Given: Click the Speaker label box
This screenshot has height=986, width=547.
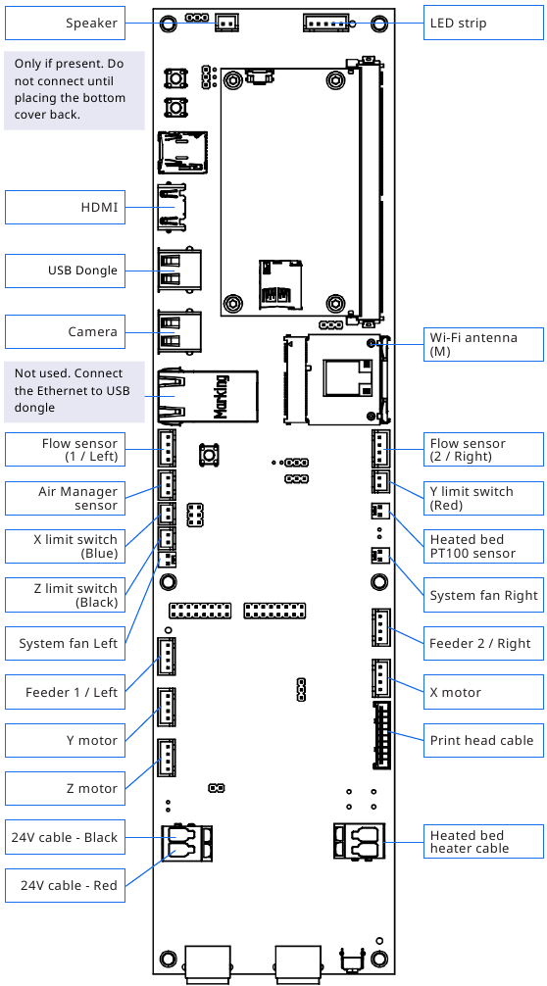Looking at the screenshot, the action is (66, 24).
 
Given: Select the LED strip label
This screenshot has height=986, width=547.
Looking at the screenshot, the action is (483, 24).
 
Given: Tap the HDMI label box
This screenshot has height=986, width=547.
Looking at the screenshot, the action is (66, 207).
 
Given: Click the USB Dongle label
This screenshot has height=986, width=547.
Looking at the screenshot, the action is (66, 271).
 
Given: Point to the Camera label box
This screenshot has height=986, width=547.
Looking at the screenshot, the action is (66, 331).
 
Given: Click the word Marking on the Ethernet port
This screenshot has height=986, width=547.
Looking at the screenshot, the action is (221, 396).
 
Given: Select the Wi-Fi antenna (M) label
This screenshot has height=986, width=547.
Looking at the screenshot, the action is (483, 344).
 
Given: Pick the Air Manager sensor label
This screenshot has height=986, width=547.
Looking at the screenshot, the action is (66, 498).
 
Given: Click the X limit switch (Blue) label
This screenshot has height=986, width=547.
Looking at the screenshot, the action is (66, 547).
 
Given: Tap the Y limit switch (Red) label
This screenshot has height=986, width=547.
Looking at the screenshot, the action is (483, 498).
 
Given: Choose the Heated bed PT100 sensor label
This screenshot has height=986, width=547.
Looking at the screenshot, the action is (483, 547).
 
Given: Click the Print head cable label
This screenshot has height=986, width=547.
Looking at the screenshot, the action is (483, 740).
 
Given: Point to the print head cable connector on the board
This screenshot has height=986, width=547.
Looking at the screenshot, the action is (381, 735).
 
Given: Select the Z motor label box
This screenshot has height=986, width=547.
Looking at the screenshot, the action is (66, 789).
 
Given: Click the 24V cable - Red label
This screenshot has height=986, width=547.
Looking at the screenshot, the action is (66, 885).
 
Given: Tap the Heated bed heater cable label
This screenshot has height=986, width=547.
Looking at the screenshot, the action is (483, 841).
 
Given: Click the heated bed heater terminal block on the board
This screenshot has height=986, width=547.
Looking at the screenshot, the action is (359, 841).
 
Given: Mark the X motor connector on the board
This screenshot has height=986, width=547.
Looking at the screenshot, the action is (381, 678).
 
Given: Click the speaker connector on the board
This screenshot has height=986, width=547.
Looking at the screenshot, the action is (227, 24).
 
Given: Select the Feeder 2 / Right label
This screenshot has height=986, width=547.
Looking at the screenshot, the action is (483, 643).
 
